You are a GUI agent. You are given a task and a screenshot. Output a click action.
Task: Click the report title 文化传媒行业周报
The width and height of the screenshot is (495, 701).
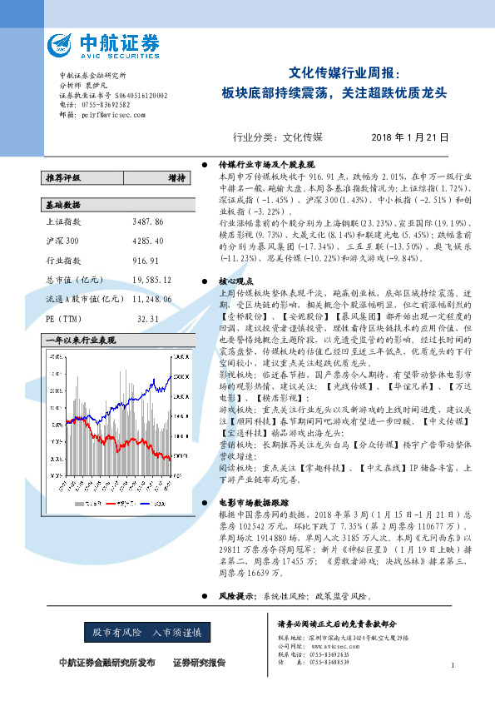point(349,72)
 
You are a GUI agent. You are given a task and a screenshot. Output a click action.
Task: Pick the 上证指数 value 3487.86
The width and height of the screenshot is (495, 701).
point(148,223)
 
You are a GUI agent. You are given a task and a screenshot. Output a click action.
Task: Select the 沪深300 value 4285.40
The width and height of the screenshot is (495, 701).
point(148,241)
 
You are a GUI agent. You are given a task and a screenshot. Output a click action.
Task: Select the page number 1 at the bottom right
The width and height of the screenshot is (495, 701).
point(451,665)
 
